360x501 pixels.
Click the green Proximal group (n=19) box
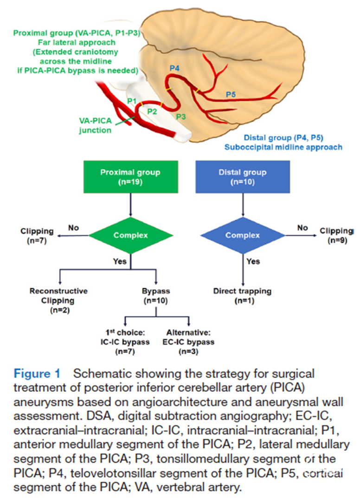point(131,176)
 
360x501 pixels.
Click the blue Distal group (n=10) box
point(242,176)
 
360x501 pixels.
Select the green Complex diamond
point(131,235)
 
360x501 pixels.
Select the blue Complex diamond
point(242,235)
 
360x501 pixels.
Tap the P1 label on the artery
point(131,101)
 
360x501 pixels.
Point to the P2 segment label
point(153,111)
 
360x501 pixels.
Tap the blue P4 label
point(174,68)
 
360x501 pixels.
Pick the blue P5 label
point(231,95)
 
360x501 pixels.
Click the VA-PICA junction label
point(95,126)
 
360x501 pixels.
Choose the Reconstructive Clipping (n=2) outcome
point(58,300)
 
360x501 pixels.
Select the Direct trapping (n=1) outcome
point(242,296)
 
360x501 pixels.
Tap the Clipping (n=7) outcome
point(37,235)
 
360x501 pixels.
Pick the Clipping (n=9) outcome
point(336,235)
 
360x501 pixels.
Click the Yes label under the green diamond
point(120,261)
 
